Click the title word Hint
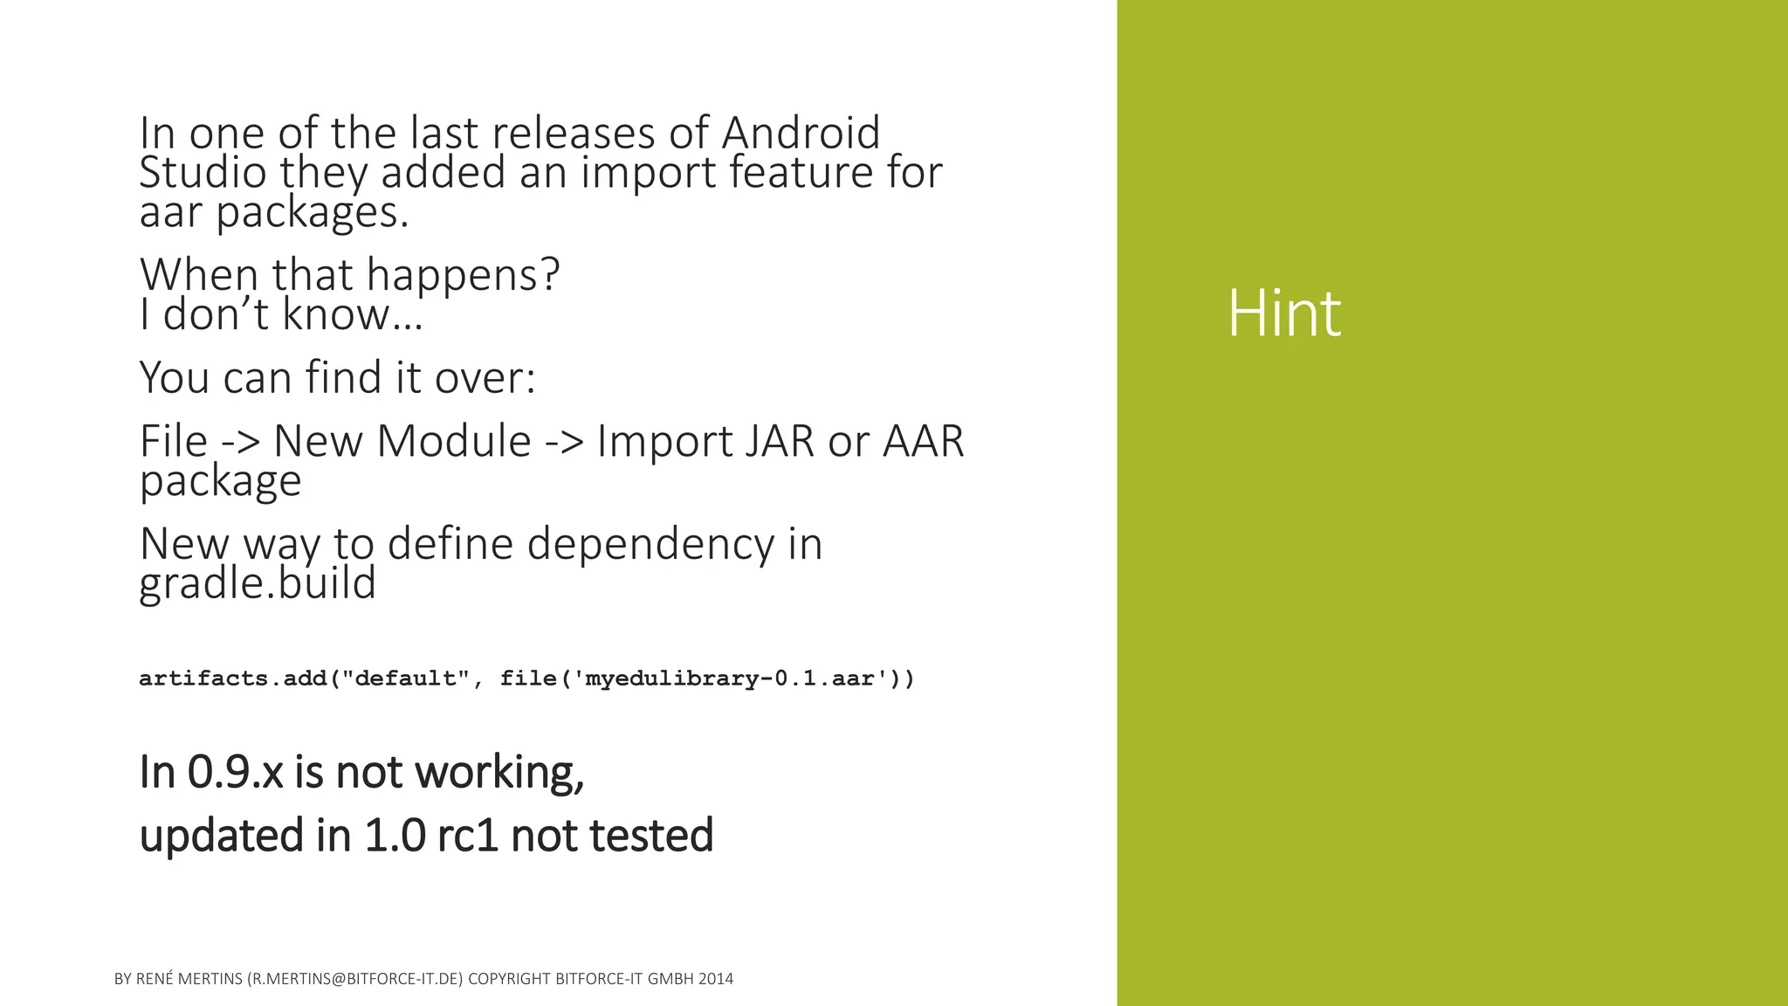click(1283, 314)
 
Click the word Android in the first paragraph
click(801, 134)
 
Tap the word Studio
click(203, 172)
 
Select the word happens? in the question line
click(463, 275)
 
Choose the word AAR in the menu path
click(923, 441)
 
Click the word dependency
click(650, 544)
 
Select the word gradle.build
click(258, 583)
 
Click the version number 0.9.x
click(235, 772)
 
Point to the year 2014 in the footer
click(716, 979)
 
